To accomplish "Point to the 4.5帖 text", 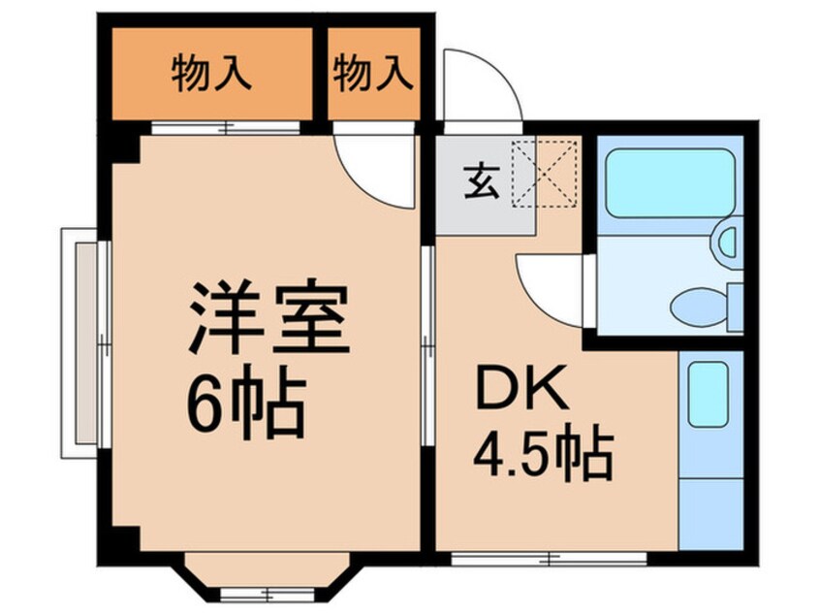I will [543, 452].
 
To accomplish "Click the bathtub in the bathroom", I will [667, 181].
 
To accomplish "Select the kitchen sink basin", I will [709, 394].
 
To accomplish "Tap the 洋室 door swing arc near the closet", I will [374, 171].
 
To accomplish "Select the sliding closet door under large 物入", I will [226, 127].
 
